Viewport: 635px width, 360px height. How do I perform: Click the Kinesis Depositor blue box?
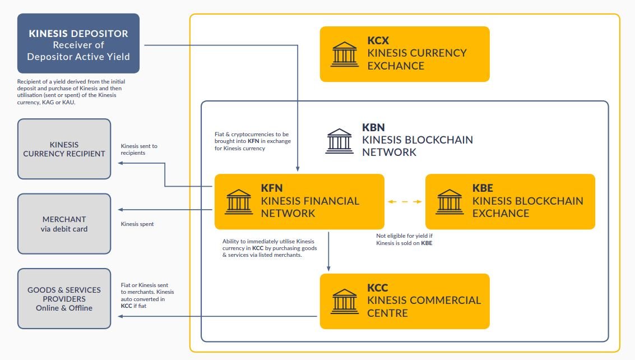click(x=78, y=44)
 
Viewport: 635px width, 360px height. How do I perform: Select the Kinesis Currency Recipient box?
click(x=64, y=149)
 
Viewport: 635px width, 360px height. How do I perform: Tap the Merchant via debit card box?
click(x=64, y=224)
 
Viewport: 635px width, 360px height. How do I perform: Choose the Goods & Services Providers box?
click(x=64, y=298)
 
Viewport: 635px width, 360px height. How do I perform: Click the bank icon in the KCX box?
click(x=346, y=53)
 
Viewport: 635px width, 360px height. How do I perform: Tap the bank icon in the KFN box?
click(x=239, y=201)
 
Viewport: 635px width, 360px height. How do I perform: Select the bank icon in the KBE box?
click(x=450, y=201)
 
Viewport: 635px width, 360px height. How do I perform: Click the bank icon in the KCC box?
click(x=346, y=301)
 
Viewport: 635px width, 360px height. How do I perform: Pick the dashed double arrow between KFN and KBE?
click(x=405, y=201)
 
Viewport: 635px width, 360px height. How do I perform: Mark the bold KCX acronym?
click(x=378, y=40)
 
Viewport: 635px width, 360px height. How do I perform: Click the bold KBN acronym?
click(x=373, y=127)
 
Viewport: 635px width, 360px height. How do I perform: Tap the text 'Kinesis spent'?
click(x=137, y=224)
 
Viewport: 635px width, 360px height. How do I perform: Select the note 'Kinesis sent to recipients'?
click(x=139, y=149)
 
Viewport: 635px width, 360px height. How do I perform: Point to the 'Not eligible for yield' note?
click(x=405, y=239)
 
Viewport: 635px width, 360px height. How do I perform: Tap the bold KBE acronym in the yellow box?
click(x=483, y=188)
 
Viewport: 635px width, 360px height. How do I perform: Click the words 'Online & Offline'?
click(x=64, y=308)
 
